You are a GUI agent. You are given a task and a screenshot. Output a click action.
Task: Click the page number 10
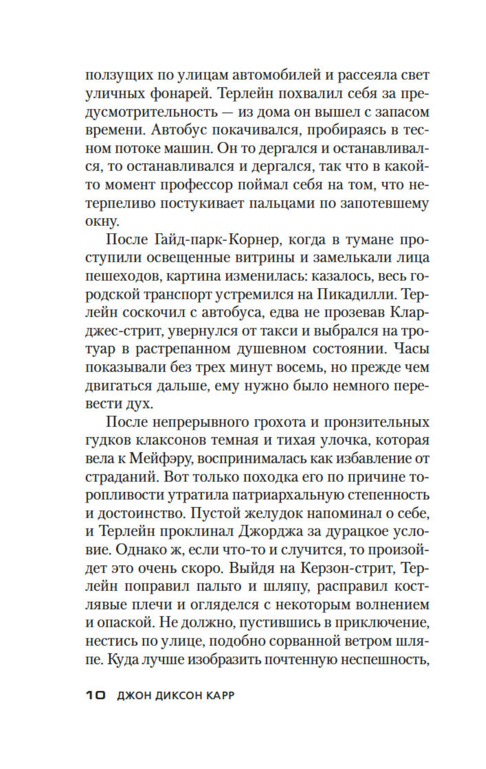95,695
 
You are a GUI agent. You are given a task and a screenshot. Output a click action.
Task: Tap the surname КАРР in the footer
217,695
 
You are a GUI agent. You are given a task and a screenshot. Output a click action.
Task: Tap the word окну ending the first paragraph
101,222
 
